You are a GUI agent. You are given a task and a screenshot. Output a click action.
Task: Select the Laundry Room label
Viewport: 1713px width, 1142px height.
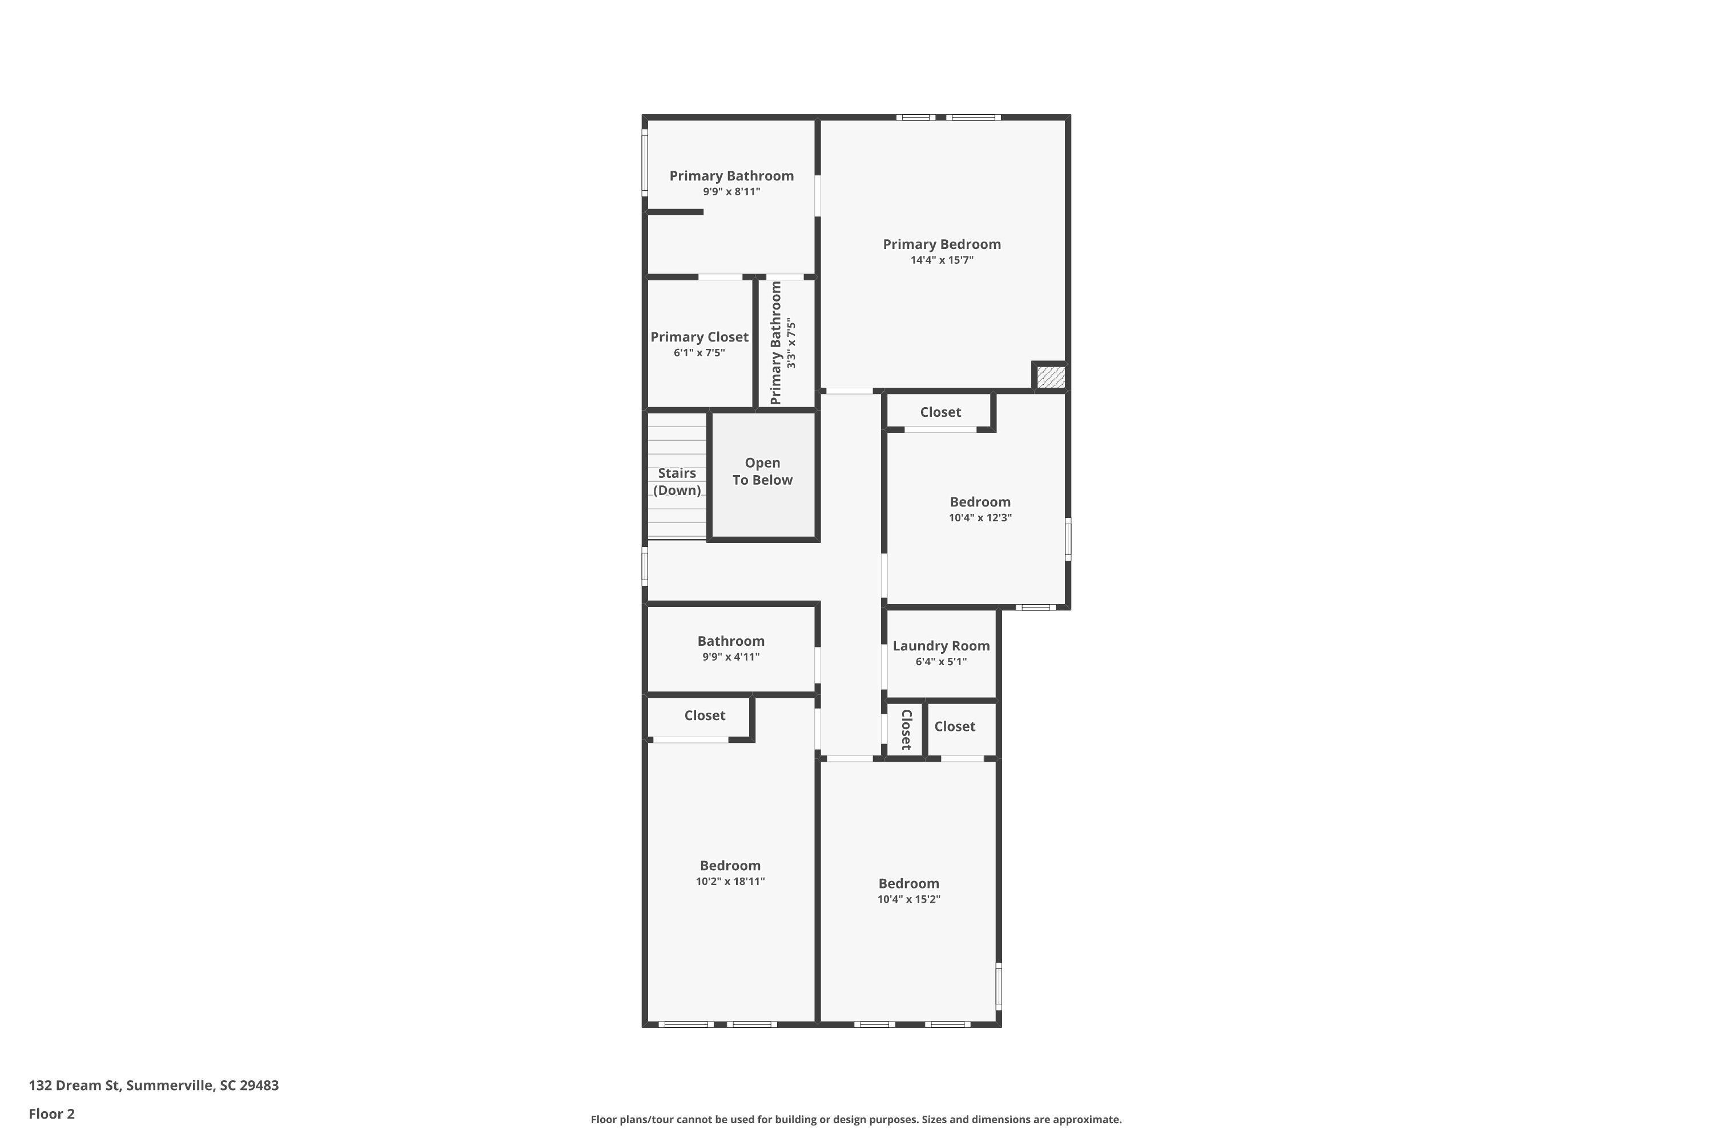coord(941,646)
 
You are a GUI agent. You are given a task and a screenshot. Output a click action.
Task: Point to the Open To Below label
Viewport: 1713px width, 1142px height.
coord(762,471)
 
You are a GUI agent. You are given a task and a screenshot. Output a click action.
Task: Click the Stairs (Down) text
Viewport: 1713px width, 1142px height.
coord(677,481)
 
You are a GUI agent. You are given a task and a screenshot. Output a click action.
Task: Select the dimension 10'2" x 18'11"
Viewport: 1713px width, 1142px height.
coord(730,881)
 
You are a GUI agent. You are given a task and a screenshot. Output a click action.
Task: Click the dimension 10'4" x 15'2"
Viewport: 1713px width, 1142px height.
coord(908,899)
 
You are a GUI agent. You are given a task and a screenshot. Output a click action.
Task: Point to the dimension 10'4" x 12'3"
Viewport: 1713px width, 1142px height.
coord(980,518)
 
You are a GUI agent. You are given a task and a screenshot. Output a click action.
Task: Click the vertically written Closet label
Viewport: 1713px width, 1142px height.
coord(907,729)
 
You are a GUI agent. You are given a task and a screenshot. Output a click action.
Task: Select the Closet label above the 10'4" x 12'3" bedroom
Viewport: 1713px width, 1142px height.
coord(940,412)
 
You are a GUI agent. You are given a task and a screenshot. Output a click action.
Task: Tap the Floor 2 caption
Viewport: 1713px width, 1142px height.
coord(52,1113)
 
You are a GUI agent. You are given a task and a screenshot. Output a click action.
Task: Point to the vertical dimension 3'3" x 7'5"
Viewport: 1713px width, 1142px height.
coord(791,343)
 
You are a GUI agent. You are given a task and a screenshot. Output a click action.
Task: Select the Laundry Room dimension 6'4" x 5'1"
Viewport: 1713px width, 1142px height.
coord(941,662)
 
